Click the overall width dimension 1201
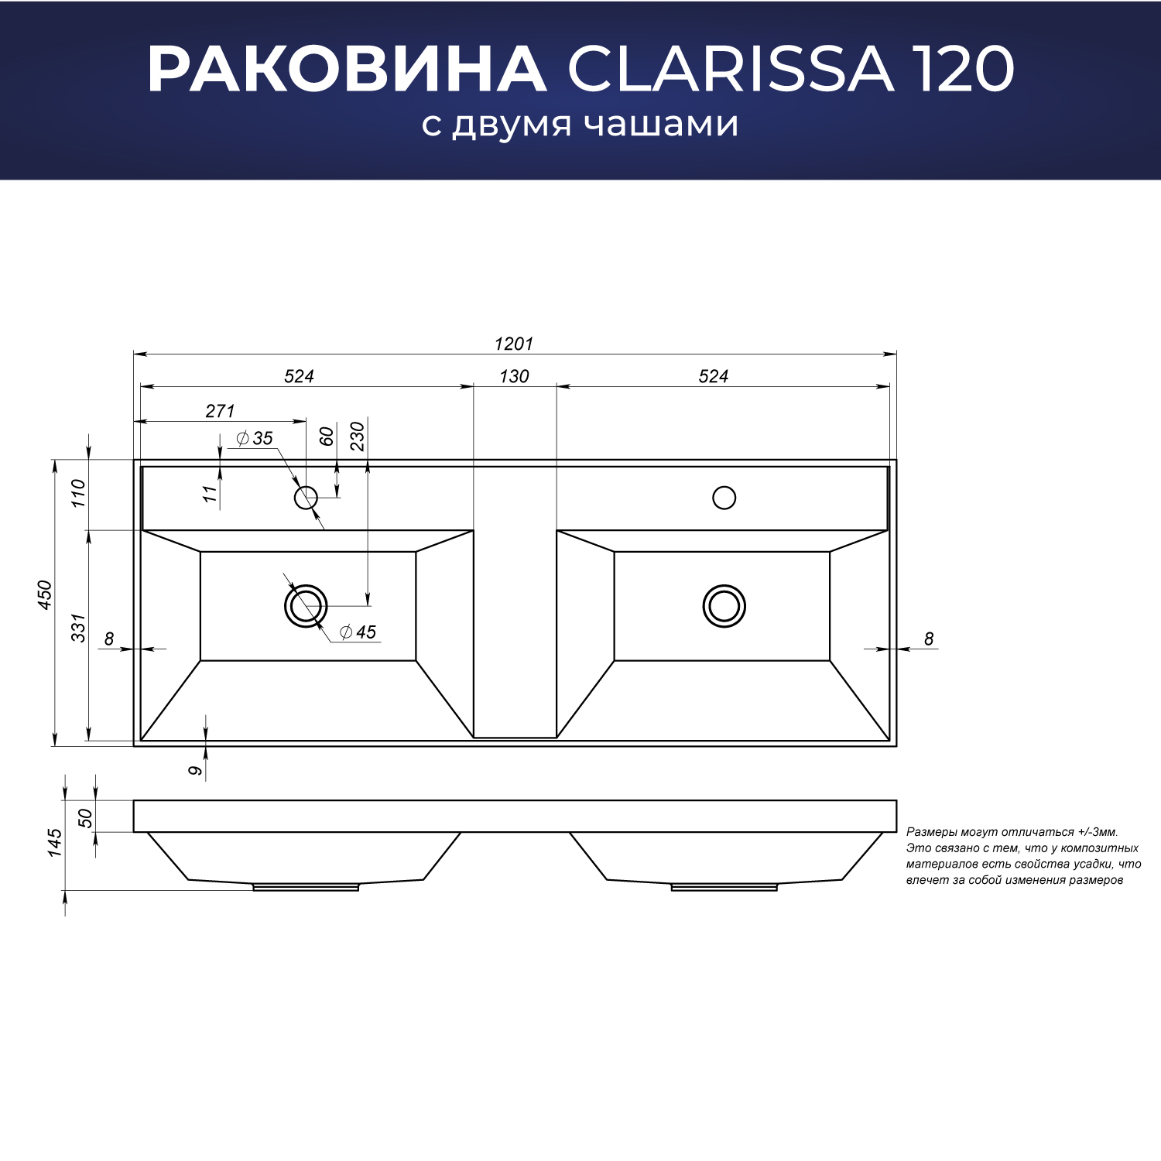tap(514, 344)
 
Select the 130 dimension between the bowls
tap(514, 376)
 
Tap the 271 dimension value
tap(220, 411)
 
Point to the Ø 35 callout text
tap(255, 438)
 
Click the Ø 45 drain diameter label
tap(358, 632)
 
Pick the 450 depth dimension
tap(45, 594)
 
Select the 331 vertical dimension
tap(79, 628)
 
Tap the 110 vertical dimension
tap(79, 493)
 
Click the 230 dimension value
tap(357, 437)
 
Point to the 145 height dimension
tap(54, 843)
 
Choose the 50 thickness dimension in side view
tap(84, 817)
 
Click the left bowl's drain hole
tap(306, 605)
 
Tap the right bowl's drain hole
tap(724, 605)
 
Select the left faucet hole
tap(306, 497)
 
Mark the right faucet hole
tap(724, 497)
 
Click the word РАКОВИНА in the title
tap(347, 70)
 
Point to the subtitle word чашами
tap(661, 125)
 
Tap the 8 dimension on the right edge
tap(929, 639)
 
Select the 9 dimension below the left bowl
tap(196, 770)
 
